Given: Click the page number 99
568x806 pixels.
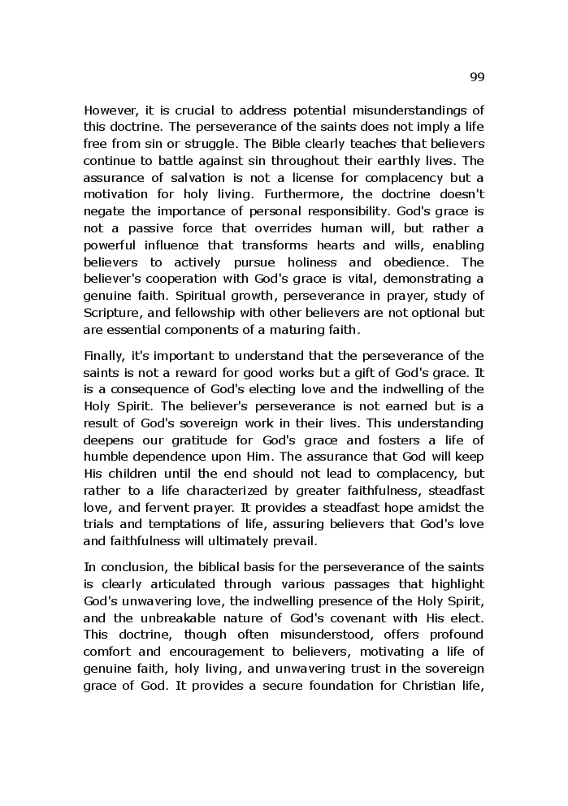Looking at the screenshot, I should click(x=476, y=76).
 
